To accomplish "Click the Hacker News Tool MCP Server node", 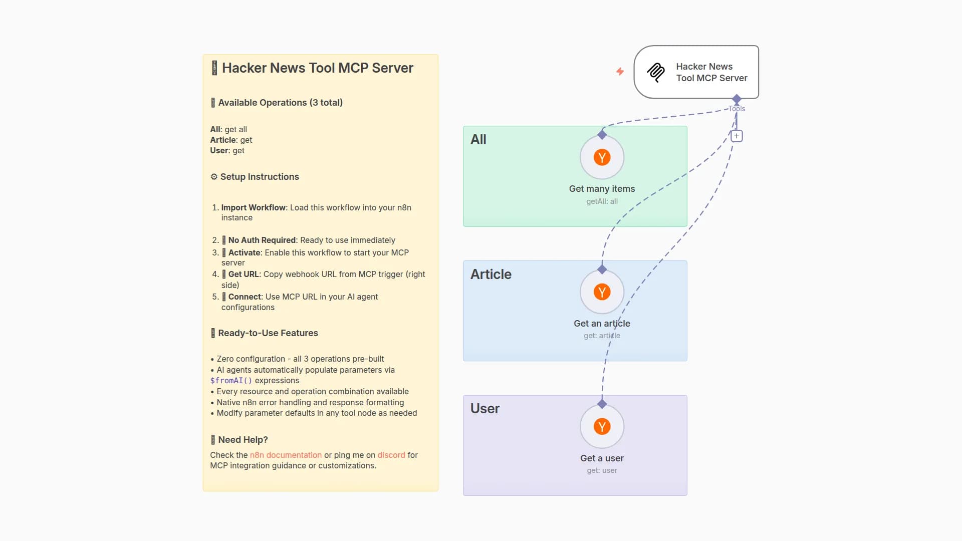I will (x=696, y=72).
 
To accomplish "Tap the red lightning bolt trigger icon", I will (x=620, y=72).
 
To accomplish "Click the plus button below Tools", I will (x=737, y=136).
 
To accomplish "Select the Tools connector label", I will (x=737, y=109).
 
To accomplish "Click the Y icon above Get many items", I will (x=602, y=157).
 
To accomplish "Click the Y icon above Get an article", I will (x=602, y=292).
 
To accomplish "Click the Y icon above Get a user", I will (x=602, y=427).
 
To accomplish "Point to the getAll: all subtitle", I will (x=602, y=201).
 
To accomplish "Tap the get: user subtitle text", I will (x=602, y=470).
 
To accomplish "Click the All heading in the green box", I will (x=478, y=140).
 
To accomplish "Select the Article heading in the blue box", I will (x=491, y=275).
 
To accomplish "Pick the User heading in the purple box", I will (x=485, y=409).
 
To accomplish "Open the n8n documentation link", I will (x=286, y=455).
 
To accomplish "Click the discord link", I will (x=391, y=455).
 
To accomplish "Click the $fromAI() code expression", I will (x=231, y=381).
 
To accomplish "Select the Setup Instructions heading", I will (x=259, y=177).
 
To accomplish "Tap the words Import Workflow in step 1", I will (x=253, y=207).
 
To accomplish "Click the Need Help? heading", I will (x=243, y=440).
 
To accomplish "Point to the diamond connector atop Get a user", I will (x=602, y=404).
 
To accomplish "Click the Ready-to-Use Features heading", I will (x=268, y=333).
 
